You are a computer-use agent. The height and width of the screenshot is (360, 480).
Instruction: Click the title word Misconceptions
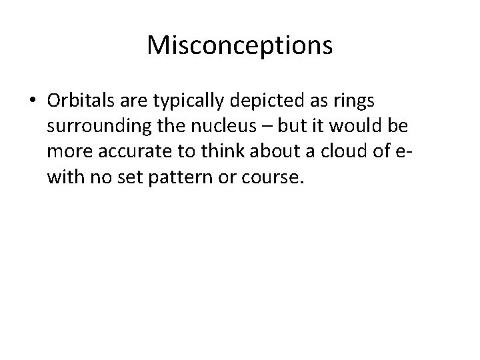(239, 45)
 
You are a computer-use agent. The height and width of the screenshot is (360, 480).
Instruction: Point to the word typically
(186, 101)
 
